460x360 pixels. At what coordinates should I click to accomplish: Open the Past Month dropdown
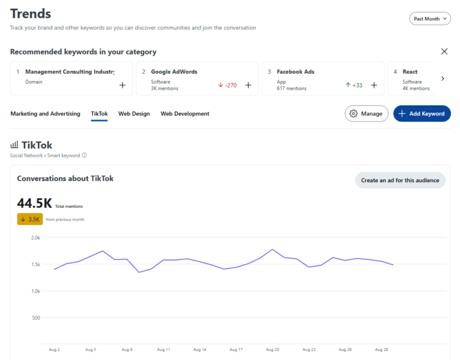[x=430, y=19]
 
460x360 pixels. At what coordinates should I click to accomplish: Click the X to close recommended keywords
[x=444, y=52]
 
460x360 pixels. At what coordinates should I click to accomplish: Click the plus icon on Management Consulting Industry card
[x=122, y=85]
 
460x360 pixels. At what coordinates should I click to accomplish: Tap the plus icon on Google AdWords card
[x=248, y=85]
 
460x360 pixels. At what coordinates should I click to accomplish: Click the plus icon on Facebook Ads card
[x=374, y=85]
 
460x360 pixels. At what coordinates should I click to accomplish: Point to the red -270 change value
[x=227, y=85]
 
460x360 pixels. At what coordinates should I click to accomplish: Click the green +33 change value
[x=354, y=85]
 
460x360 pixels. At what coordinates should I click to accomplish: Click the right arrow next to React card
[x=443, y=78]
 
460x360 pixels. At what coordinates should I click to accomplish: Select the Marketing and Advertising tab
[x=45, y=114]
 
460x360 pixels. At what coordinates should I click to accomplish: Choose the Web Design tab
[x=134, y=114]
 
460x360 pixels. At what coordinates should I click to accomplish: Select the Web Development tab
[x=185, y=114]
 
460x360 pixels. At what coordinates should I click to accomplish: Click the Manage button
[x=367, y=114]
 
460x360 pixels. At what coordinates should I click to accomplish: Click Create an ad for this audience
[x=400, y=180]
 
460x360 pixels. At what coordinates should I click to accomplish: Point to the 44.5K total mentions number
[x=34, y=204]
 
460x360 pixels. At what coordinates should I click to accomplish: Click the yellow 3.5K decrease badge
[x=30, y=219]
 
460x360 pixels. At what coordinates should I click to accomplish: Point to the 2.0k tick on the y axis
[x=35, y=237]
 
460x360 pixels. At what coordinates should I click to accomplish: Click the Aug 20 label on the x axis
[x=273, y=349]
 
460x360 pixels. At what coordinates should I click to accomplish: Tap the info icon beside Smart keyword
[x=84, y=156]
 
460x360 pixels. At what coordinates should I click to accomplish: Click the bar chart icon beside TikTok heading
[x=14, y=145]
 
